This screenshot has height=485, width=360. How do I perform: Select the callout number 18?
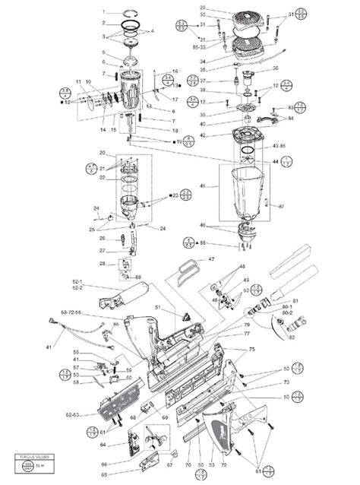175,131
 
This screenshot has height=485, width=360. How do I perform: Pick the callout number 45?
203,185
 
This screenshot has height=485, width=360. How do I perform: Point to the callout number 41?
49,347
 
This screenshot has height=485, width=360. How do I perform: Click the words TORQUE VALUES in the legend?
27,457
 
